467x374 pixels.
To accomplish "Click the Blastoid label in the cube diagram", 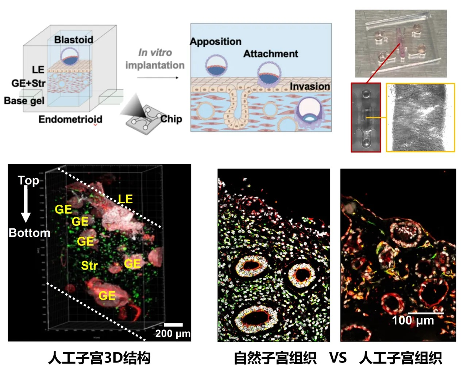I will (74, 39).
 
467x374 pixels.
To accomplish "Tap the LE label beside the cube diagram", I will (38, 69).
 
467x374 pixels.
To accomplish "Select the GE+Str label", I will (28, 83).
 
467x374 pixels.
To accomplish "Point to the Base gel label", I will (24, 100).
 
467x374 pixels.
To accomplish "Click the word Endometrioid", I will (70, 119).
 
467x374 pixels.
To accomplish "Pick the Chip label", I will (171, 119).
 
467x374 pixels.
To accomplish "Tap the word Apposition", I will (216, 41).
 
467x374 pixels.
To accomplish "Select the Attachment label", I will (271, 54).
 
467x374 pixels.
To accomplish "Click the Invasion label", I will (310, 86).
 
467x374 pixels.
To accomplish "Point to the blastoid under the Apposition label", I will (216, 66).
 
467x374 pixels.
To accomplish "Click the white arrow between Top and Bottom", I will (26, 204).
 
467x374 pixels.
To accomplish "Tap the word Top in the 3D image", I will (28, 180).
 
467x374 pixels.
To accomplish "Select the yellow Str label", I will (89, 265).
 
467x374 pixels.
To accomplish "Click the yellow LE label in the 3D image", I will (125, 198).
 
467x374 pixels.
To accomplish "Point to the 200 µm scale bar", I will (173, 324).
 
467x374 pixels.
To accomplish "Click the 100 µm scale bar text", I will (413, 320).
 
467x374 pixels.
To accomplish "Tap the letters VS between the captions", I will (338, 358).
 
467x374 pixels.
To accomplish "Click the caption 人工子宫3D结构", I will (99, 358).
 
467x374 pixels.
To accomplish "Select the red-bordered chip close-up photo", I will (366, 117).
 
